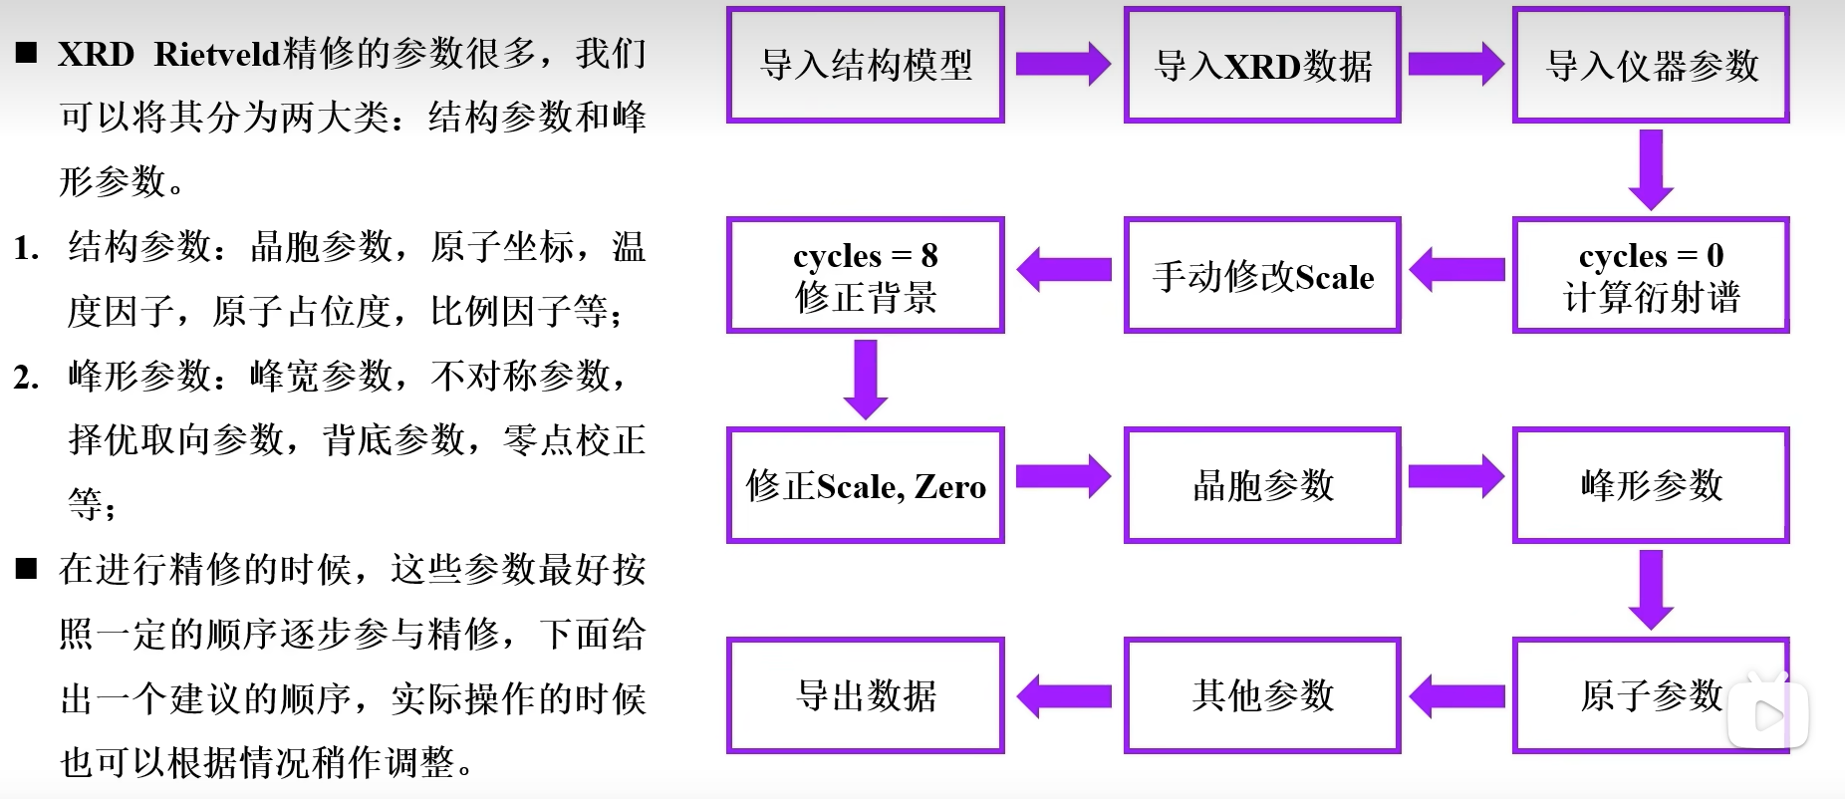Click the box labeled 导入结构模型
865,66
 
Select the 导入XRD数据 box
1262,66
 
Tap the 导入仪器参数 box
1651,66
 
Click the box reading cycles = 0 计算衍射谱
1651,276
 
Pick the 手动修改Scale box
1262,276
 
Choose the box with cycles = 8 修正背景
865,276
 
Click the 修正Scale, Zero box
865,486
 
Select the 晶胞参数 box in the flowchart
1262,486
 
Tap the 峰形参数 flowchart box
1651,486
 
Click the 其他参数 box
1262,695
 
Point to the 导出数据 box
865,695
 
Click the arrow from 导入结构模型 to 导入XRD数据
1063,65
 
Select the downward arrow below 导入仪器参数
1651,169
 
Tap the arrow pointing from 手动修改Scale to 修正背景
1063,270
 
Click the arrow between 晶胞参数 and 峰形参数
1455,477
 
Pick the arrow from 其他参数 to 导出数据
1063,695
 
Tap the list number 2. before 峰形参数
26,378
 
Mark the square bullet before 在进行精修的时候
27,570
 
